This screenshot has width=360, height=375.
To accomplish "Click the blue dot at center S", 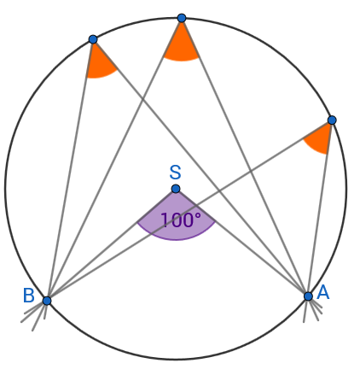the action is (x=176, y=189).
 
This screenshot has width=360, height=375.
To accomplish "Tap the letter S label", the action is (x=175, y=173).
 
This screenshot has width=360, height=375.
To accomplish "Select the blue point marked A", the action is (x=308, y=296).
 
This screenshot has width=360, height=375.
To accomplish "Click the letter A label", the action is (x=323, y=292).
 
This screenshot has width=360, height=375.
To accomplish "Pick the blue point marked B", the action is (x=47, y=301).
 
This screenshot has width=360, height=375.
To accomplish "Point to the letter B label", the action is (x=29, y=296).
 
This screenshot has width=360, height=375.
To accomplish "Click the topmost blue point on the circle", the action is (x=182, y=18).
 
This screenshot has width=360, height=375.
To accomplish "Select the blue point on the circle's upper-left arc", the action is (x=93, y=39).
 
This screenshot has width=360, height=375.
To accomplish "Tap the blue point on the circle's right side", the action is (x=332, y=120).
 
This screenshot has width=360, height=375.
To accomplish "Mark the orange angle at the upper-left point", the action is (x=99, y=63).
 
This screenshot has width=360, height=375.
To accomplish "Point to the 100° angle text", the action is (x=181, y=220).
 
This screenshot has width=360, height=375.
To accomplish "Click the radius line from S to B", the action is (x=111, y=244).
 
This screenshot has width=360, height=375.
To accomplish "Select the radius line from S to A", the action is (x=241, y=243).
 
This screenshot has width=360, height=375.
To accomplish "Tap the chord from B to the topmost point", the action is (x=114, y=160).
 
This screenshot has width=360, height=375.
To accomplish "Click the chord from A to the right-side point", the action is (x=320, y=208).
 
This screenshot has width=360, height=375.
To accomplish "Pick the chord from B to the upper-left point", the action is (x=70, y=170).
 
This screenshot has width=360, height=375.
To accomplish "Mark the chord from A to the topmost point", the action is (x=245, y=157).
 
